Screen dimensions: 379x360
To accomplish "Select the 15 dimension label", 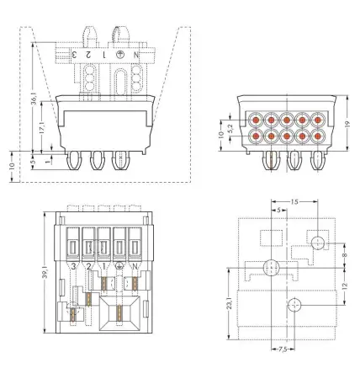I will pyautogui.click(x=292, y=201).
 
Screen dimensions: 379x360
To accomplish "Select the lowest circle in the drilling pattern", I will pyautogui.click(x=294, y=304).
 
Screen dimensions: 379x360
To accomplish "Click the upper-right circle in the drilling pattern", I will pyautogui.click(x=317, y=243).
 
